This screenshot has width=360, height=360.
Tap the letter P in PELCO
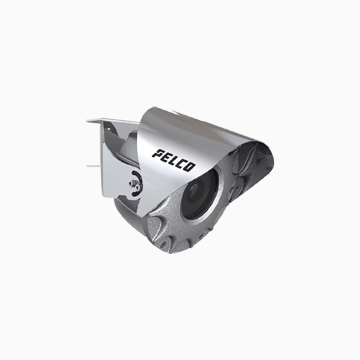coord(158,153)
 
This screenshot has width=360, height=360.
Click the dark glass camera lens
coord(200,197)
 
